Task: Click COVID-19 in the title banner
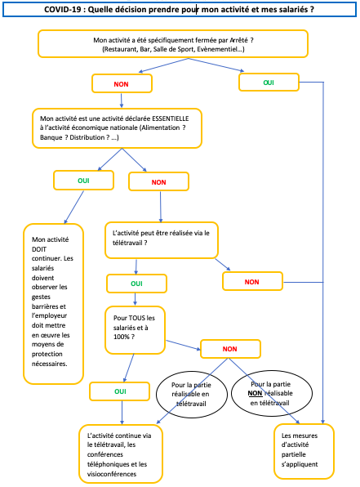(x=62, y=10)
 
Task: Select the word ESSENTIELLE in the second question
(x=171, y=118)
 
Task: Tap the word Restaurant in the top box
(x=118, y=49)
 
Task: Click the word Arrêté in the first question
(x=238, y=40)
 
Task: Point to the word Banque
(x=51, y=137)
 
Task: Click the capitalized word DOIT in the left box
(x=39, y=249)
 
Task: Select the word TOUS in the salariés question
(x=137, y=318)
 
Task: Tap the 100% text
(x=122, y=337)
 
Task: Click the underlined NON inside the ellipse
(x=255, y=394)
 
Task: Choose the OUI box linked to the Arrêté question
(x=269, y=83)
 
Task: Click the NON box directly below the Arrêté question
(x=122, y=83)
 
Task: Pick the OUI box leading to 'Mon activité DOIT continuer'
(x=83, y=180)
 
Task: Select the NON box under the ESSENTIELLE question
(x=158, y=181)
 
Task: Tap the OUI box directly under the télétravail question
(x=136, y=284)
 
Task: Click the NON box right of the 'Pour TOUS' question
(x=230, y=349)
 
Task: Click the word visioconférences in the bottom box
(x=112, y=474)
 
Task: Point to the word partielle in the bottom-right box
(x=294, y=454)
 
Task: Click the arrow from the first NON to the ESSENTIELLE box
(x=122, y=101)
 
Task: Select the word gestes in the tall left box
(x=41, y=297)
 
